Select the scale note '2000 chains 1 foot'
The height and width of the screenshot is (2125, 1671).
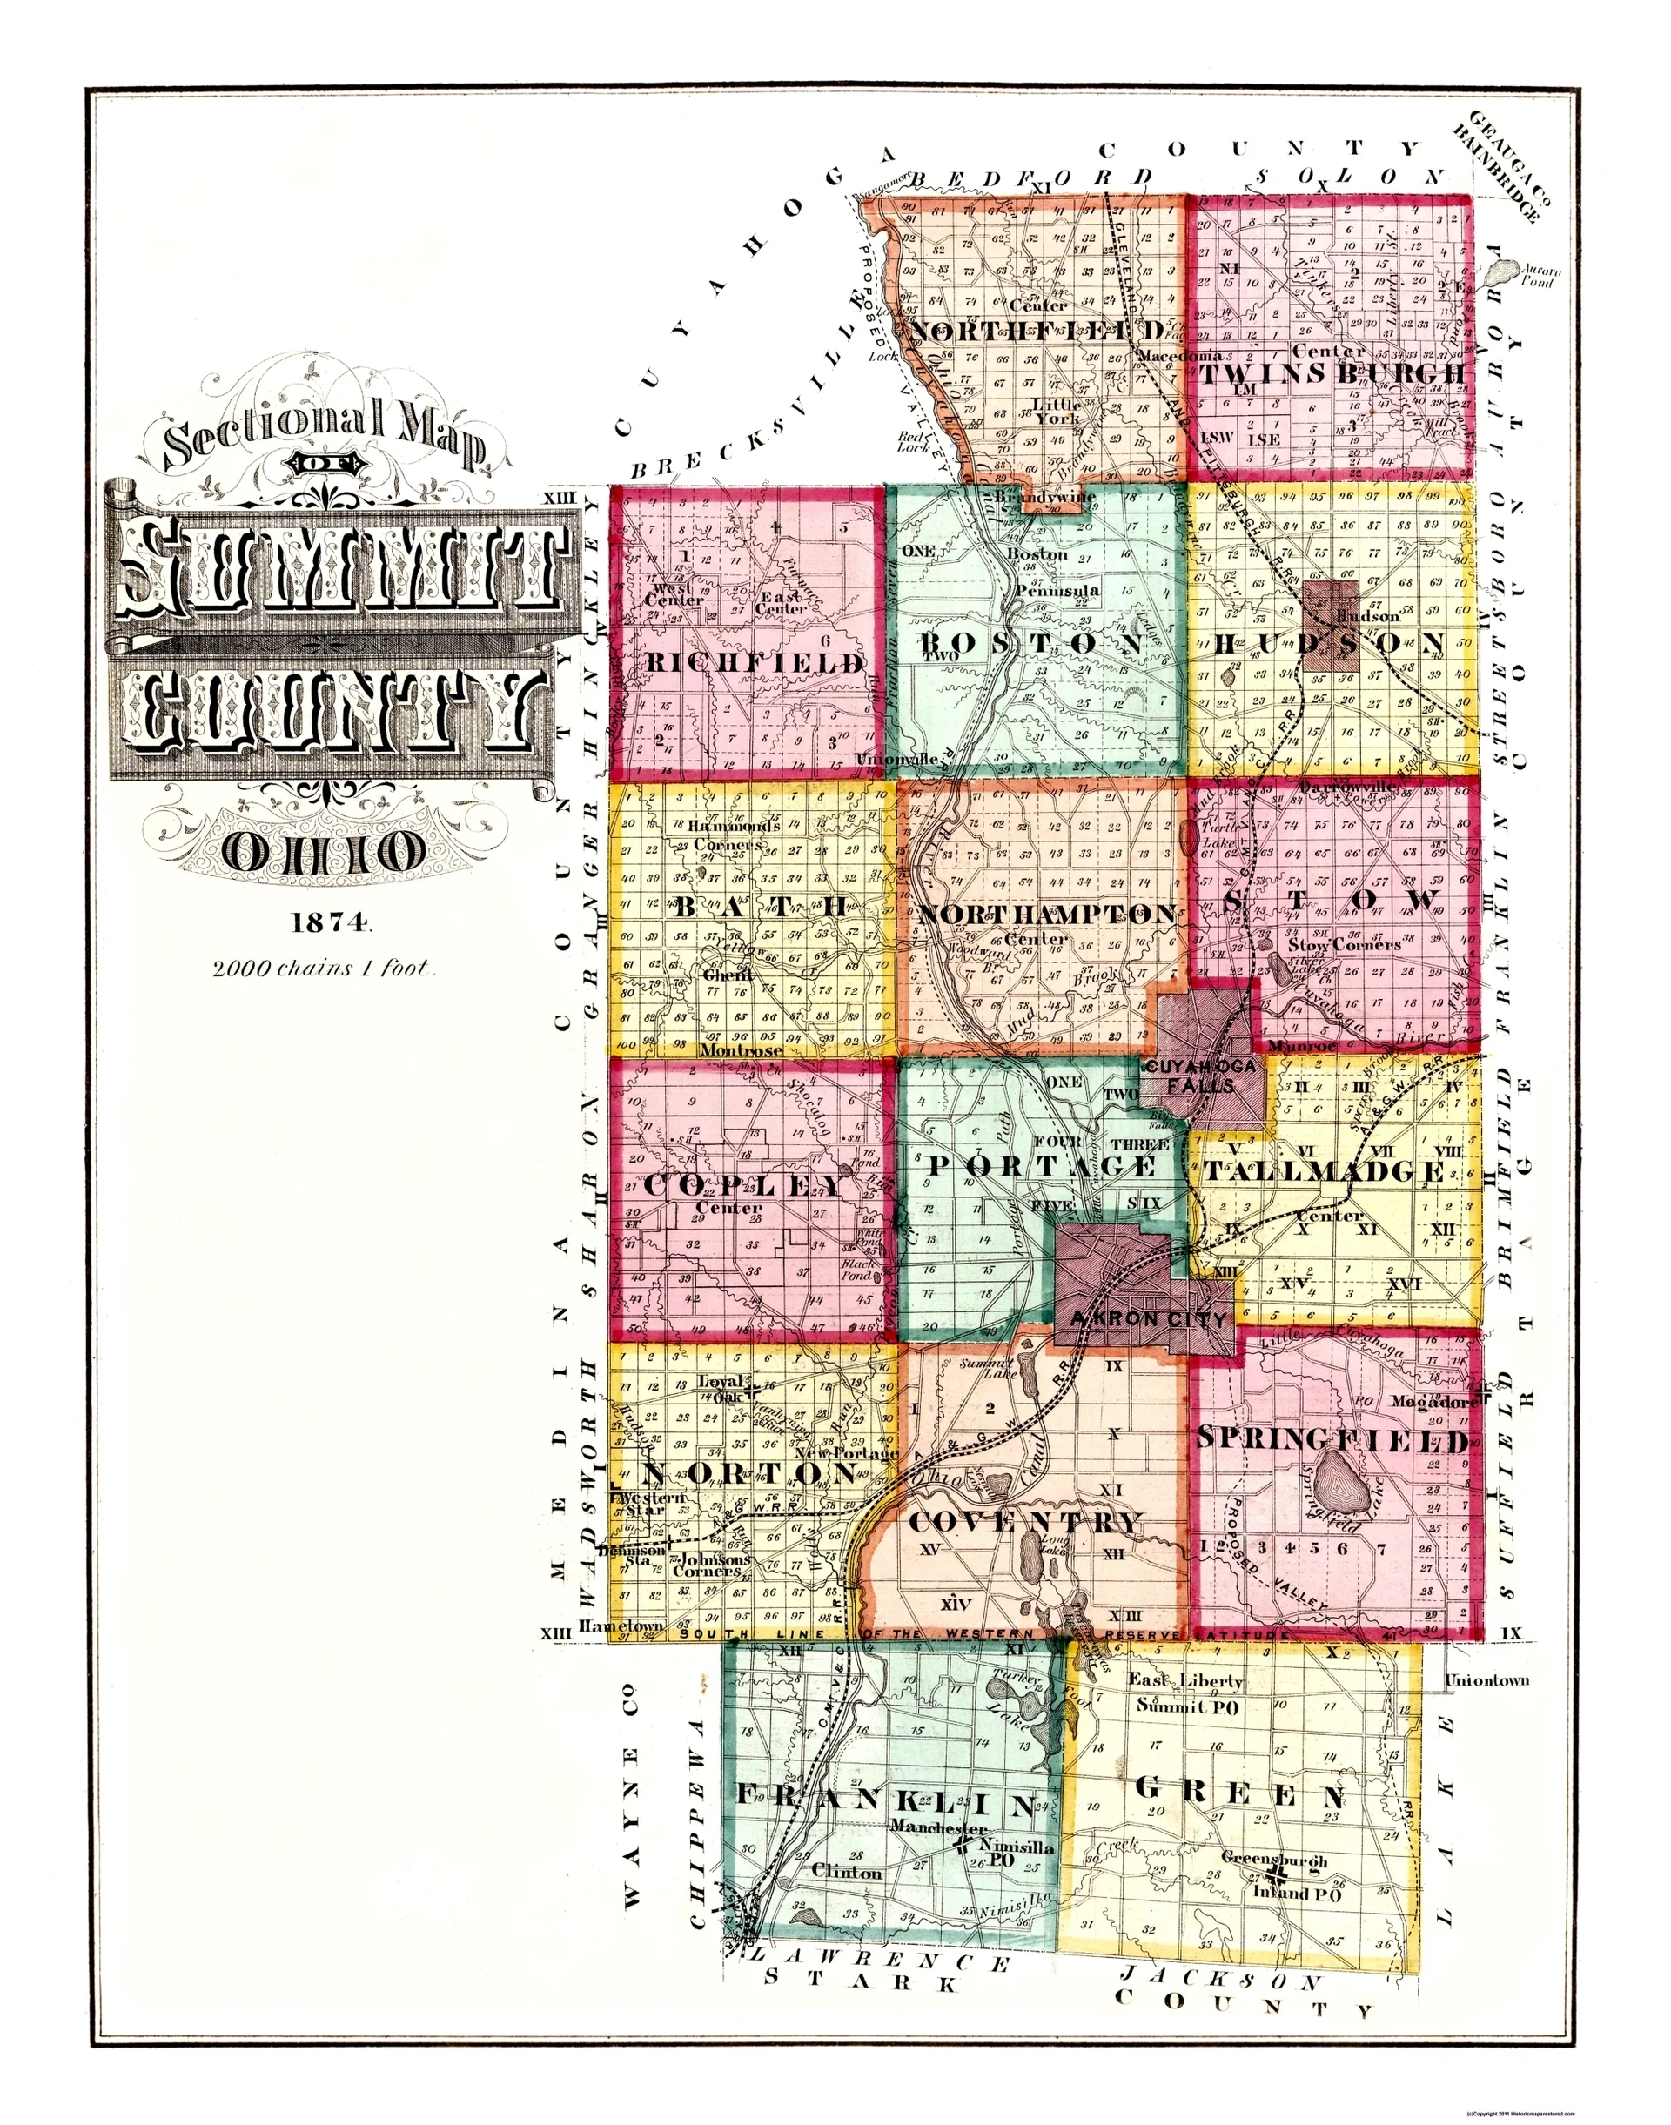pos(323,969)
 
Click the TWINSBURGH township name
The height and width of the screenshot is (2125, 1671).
pos(1333,376)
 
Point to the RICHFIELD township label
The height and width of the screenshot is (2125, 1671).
pos(756,663)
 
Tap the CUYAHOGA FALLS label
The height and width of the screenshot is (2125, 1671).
pos(1203,1074)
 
